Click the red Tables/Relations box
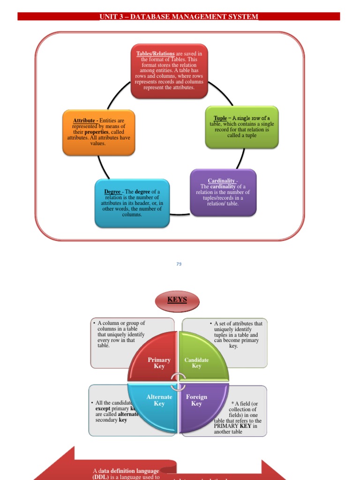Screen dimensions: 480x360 [169, 71]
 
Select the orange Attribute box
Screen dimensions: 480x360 [98, 132]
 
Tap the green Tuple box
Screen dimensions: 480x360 [242, 127]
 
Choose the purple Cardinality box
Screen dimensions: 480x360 [223, 193]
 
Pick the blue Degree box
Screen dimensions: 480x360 [132, 203]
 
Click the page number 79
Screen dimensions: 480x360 [179, 264]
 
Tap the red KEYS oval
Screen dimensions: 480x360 [177, 300]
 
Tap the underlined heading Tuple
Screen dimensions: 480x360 [220, 119]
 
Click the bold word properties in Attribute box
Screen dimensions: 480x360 [96, 132]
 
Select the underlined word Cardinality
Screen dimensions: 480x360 [222, 181]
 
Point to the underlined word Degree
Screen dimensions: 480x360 [112, 192]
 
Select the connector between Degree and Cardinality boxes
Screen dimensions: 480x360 [180, 214]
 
